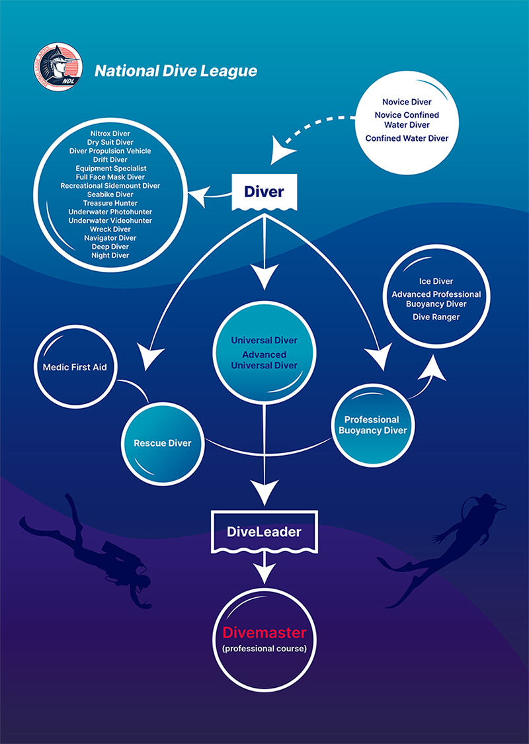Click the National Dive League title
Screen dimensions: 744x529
tap(175, 71)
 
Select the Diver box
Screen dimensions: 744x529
tap(264, 192)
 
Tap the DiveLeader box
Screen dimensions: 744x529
tap(264, 532)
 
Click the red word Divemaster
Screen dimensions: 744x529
tap(264, 633)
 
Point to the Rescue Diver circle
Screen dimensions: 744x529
tap(163, 443)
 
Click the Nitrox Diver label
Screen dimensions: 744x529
tap(110, 134)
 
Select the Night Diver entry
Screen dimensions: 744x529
tap(110, 255)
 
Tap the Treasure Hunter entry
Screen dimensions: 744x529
tap(110, 203)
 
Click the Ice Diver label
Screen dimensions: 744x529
tap(436, 281)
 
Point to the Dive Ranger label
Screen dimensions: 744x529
tap(436, 317)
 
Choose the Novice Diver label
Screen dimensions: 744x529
tap(407, 102)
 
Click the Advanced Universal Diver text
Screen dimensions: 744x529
tap(264, 360)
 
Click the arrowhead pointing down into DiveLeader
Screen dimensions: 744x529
tap(264, 493)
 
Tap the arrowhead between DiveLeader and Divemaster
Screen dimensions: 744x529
tap(264, 573)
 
